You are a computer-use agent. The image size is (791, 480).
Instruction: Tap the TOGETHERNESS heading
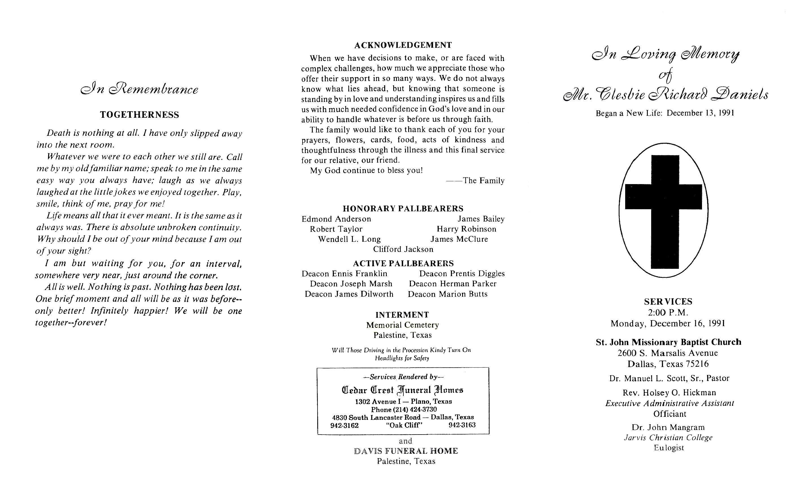tap(139, 115)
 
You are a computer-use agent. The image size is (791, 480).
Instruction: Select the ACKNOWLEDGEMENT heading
tap(403, 45)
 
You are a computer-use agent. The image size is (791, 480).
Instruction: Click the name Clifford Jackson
tap(403, 249)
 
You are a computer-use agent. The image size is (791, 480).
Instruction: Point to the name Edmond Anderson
tap(336, 219)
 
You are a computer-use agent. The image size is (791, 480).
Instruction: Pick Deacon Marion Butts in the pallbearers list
tap(447, 294)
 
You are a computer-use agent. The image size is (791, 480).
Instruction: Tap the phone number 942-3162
tap(344, 426)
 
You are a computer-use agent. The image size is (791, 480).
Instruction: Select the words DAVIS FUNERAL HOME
tap(406, 451)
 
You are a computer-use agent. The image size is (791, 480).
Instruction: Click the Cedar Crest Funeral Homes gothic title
tap(403, 390)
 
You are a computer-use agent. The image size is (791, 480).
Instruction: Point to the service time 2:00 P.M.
tap(668, 312)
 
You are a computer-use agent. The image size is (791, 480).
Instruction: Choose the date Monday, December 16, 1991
tap(668, 323)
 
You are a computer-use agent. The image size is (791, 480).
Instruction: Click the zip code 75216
tap(697, 364)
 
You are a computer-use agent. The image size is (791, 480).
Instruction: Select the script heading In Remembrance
tap(139, 89)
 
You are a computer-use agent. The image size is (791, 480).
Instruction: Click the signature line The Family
tap(483, 181)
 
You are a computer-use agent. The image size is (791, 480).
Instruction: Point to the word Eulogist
tap(669, 448)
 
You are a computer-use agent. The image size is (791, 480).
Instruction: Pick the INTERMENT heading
tap(402, 315)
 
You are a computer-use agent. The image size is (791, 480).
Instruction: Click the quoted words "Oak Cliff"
tap(404, 426)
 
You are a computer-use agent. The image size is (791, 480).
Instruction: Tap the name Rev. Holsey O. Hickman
tap(669, 393)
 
